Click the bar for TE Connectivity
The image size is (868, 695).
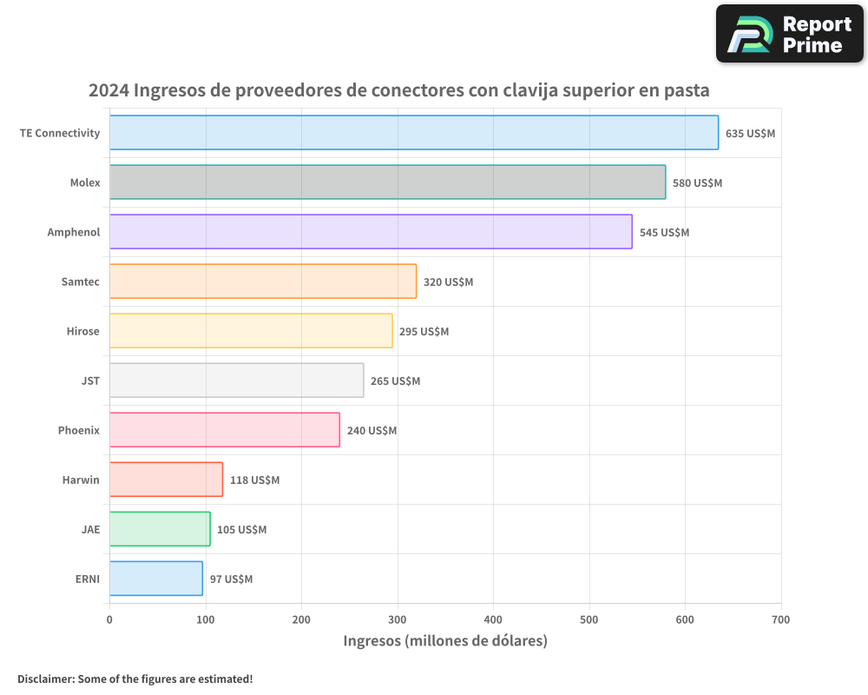[x=414, y=133]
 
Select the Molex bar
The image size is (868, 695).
[x=387, y=182]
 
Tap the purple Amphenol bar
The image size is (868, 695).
[x=371, y=232]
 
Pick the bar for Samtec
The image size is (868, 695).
[x=263, y=281]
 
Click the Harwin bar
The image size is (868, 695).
[x=166, y=480]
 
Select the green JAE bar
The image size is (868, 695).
[x=160, y=529]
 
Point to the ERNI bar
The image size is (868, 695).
[x=156, y=579]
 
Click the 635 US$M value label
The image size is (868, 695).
[x=750, y=134]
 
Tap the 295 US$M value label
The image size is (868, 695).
[x=424, y=332]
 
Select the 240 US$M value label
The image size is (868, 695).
[x=372, y=431]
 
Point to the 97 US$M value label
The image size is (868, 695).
[x=231, y=579]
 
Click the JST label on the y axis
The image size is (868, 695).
[x=89, y=381]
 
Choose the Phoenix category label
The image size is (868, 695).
[x=79, y=430]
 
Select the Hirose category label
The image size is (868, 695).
[x=82, y=331]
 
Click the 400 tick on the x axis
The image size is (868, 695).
[x=493, y=619]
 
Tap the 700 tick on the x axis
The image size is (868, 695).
[x=780, y=619]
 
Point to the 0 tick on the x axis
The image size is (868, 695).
[x=109, y=619]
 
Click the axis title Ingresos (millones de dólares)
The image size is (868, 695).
[x=445, y=641]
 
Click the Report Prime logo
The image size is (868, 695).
[x=789, y=34]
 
